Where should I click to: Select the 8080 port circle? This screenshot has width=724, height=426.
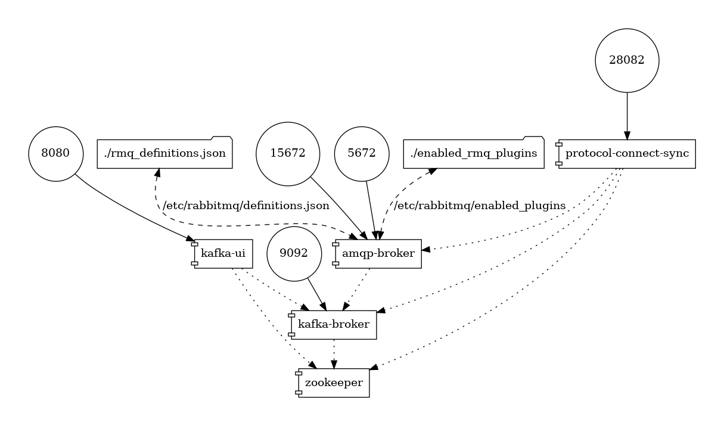[56, 153]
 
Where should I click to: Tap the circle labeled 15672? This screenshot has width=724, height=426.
[288, 153]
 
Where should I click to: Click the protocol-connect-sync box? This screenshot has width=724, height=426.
[627, 154]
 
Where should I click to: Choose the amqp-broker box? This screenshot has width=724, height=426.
[378, 254]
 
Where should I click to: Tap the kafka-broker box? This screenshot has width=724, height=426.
[334, 325]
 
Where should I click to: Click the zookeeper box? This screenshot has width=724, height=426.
[334, 383]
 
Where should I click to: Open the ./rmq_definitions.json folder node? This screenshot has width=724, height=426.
[164, 153]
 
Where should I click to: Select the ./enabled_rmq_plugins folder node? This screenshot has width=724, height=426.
[474, 153]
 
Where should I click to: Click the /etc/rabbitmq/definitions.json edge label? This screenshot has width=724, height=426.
[246, 206]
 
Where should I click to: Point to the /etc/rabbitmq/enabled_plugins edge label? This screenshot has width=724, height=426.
[480, 206]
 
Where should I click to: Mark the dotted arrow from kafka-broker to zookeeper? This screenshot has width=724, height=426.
[334, 353]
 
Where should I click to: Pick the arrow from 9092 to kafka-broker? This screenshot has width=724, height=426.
[316, 293]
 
